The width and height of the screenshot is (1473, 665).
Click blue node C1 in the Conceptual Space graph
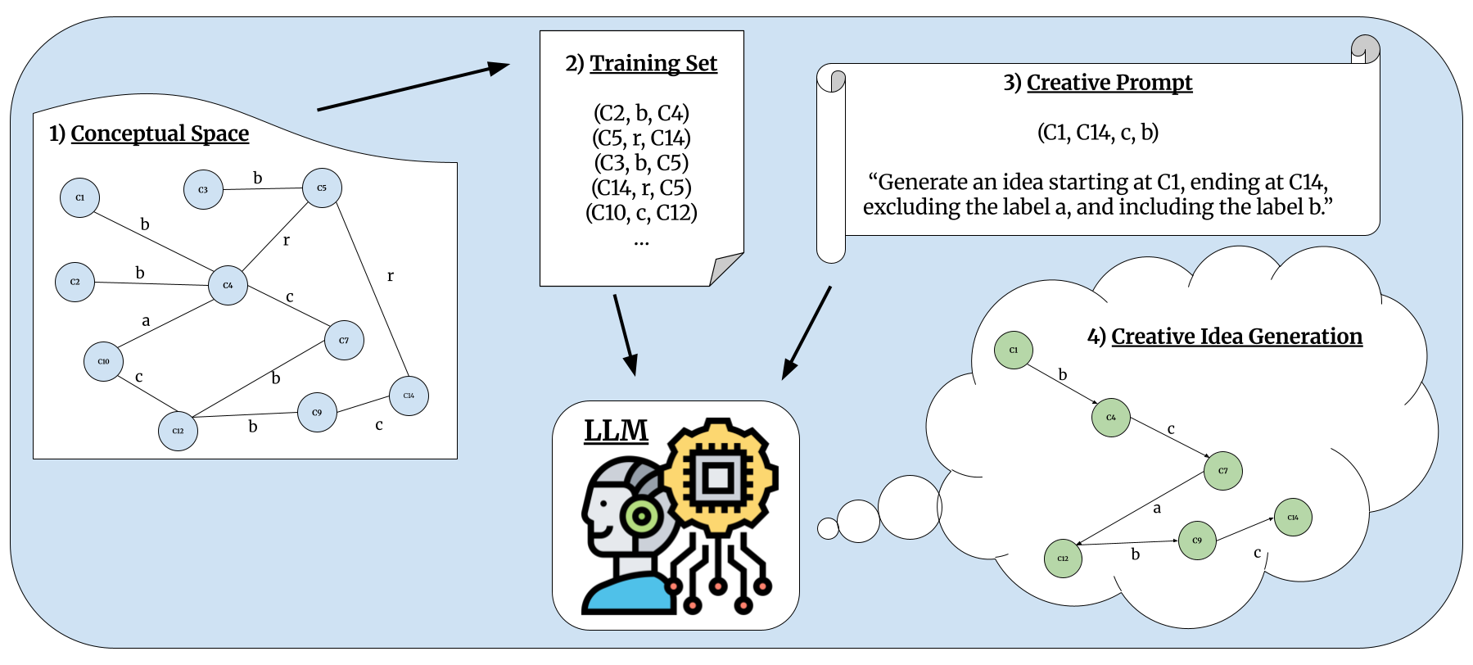coord(79,197)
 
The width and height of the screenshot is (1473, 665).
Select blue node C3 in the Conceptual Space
coord(203,190)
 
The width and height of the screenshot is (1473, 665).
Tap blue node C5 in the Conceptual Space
coord(322,188)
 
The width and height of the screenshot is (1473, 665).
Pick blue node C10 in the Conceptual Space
coord(103,361)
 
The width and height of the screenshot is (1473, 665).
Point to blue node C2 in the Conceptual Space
coord(75,282)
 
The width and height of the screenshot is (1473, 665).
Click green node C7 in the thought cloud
coord(1222,471)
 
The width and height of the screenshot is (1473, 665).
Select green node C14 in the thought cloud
coord(1293,518)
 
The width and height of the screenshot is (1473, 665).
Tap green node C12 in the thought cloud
coord(1063,559)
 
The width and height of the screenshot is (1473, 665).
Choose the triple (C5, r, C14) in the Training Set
coord(641,138)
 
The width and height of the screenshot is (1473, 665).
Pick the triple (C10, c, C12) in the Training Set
coord(641,213)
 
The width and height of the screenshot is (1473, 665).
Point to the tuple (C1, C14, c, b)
coord(1097,133)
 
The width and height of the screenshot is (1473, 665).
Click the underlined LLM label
coord(616,431)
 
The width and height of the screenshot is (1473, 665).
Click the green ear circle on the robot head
coord(642,516)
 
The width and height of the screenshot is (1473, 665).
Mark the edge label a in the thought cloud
coord(1157,509)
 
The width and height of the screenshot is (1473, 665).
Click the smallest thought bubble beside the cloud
coord(828,528)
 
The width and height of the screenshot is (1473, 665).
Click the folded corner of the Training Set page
coord(725,269)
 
